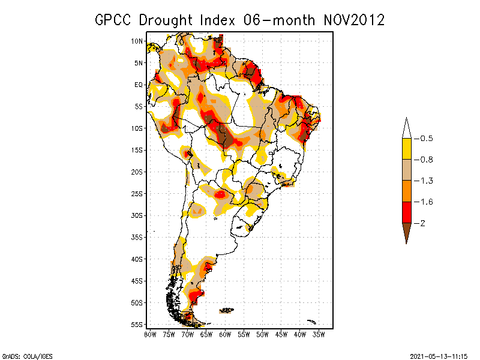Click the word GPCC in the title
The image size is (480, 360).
pyautogui.click(x=115, y=20)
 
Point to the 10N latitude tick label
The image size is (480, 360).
pyautogui.click(x=137, y=41)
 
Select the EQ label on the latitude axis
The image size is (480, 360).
pyautogui.click(x=139, y=85)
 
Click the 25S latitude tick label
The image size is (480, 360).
pyautogui.click(x=137, y=194)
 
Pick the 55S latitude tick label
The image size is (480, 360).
pyautogui.click(x=137, y=325)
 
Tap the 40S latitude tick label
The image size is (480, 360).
pyautogui.click(x=137, y=259)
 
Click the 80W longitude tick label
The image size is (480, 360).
pyautogui.click(x=150, y=334)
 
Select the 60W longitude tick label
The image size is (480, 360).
pyautogui.click(x=225, y=334)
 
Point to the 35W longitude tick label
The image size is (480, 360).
pyautogui.click(x=319, y=334)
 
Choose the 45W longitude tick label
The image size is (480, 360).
pyautogui.click(x=281, y=334)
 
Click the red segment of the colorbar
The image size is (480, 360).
pyautogui.click(x=406, y=212)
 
